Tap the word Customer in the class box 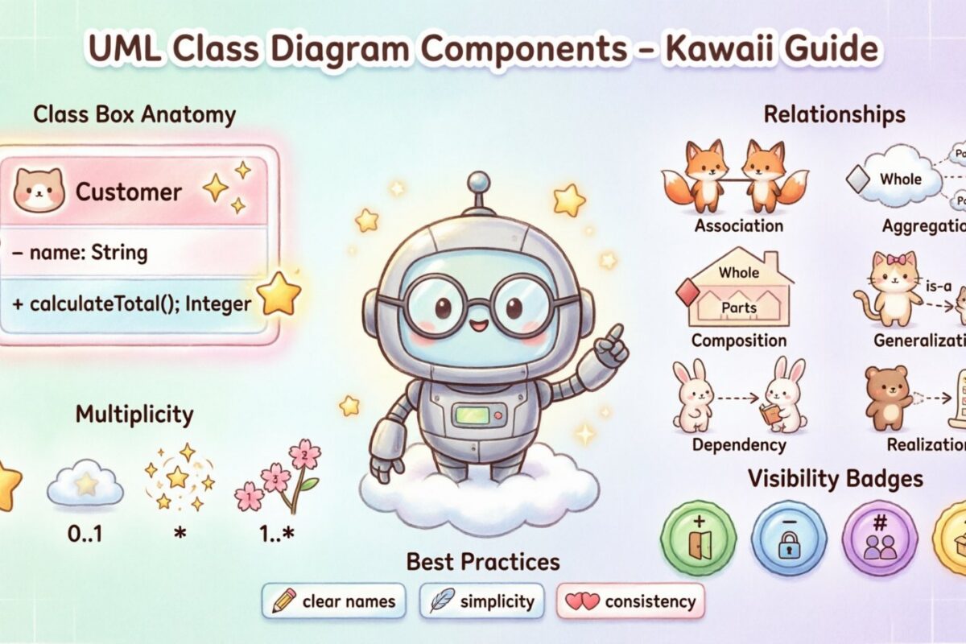point(128,192)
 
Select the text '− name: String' point(80,253)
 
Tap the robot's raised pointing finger point(615,334)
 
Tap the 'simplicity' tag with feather point(481,601)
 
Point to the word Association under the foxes point(739,225)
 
